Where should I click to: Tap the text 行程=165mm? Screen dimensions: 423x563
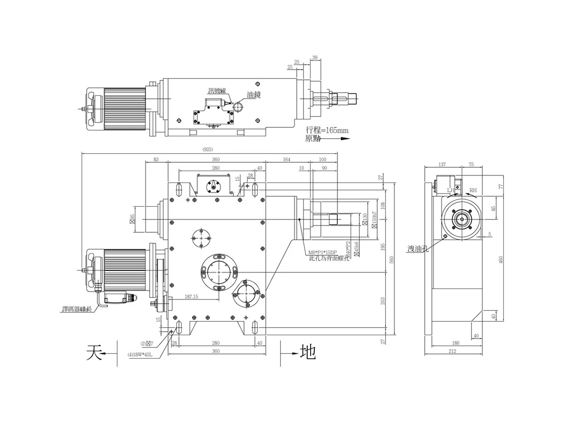pos(327,130)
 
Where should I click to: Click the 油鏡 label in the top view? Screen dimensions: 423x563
pos(253,95)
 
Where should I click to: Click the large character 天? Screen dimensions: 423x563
pos(94,352)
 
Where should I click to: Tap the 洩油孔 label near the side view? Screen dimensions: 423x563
pos(418,248)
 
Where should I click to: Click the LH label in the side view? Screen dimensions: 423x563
pos(451,190)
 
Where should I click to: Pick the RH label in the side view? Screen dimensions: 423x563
pos(473,190)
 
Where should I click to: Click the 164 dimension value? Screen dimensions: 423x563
pos(287,160)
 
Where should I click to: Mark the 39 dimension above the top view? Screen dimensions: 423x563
pos(314,57)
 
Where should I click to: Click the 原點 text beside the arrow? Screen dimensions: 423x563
pos(313,139)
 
